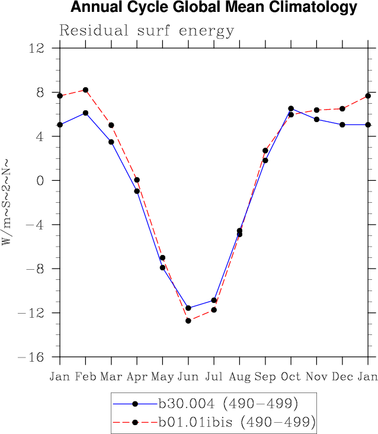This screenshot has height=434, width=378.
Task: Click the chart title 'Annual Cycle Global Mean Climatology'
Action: tap(213, 8)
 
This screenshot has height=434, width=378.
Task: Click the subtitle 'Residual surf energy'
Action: tap(146, 31)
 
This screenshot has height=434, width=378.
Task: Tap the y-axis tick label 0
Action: tap(40, 180)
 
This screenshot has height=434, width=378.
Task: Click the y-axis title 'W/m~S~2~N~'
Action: tap(7, 201)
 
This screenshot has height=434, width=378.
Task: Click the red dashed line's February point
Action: tap(86, 90)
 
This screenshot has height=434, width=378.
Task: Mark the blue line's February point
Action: tap(86, 113)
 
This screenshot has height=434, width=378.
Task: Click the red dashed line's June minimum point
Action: tap(188, 321)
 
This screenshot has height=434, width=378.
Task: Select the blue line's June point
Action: tap(188, 308)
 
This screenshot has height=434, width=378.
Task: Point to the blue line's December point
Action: tap(342, 125)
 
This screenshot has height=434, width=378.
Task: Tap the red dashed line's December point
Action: tap(342, 108)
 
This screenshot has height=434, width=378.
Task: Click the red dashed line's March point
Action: tap(111, 125)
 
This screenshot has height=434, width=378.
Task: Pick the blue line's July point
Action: tap(214, 300)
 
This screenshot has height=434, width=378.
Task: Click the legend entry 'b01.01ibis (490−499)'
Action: tap(236, 422)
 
